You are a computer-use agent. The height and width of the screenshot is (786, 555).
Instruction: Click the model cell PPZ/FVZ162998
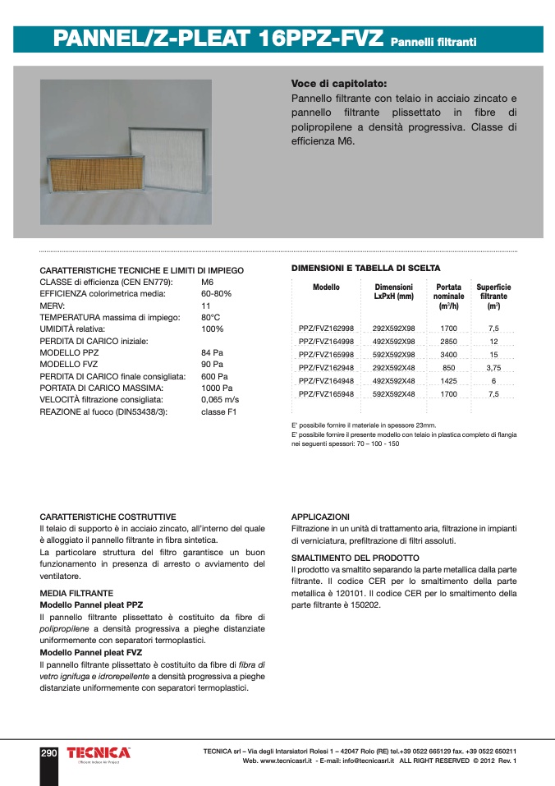[326, 328]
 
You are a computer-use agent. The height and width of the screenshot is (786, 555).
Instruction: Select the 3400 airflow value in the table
[448, 354]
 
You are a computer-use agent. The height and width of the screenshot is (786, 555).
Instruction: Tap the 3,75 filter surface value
[493, 368]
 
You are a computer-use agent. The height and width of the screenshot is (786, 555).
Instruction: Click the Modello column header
[326, 287]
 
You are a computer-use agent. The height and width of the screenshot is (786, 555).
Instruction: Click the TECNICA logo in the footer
[99, 753]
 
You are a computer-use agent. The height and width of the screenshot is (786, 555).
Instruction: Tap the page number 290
[49, 752]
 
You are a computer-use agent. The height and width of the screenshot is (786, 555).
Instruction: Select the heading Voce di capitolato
[338, 84]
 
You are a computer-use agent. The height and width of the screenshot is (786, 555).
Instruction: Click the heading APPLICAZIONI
[320, 517]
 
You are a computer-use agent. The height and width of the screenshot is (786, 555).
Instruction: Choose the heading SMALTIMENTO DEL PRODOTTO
[355, 558]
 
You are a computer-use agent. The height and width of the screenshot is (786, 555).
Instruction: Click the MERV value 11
[206, 305]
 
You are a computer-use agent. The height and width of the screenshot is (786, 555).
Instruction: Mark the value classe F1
[218, 411]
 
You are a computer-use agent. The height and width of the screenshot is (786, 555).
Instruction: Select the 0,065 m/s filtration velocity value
[220, 399]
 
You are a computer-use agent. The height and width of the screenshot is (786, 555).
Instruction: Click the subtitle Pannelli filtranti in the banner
[433, 41]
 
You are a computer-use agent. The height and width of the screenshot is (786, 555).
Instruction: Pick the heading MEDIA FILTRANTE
[76, 592]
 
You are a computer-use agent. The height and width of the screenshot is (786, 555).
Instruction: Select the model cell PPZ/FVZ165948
[326, 394]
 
